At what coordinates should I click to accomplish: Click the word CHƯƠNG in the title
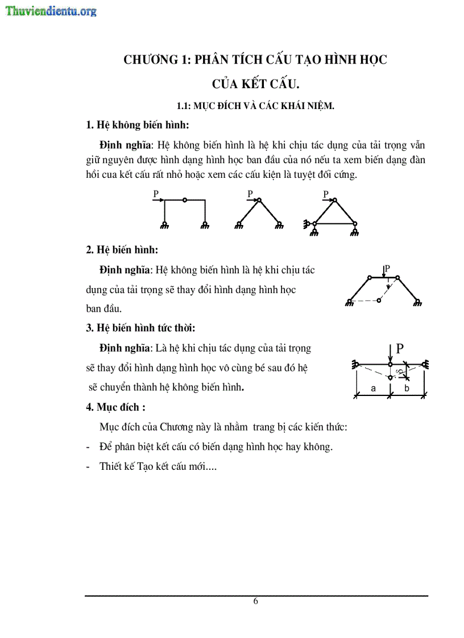point(150,60)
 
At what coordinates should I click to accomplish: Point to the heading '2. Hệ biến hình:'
point(122,250)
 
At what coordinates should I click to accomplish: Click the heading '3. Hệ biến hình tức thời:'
point(140,327)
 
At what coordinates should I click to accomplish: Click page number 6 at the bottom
point(256,602)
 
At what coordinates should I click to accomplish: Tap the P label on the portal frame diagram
point(155,194)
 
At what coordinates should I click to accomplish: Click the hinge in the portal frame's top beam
point(184,200)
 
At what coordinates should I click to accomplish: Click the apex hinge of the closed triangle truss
point(334,200)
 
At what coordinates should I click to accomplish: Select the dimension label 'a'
point(373,389)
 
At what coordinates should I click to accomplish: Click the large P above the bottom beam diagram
point(400,349)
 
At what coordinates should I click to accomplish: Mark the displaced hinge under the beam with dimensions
point(390,377)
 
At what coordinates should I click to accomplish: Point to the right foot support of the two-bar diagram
point(279,226)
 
